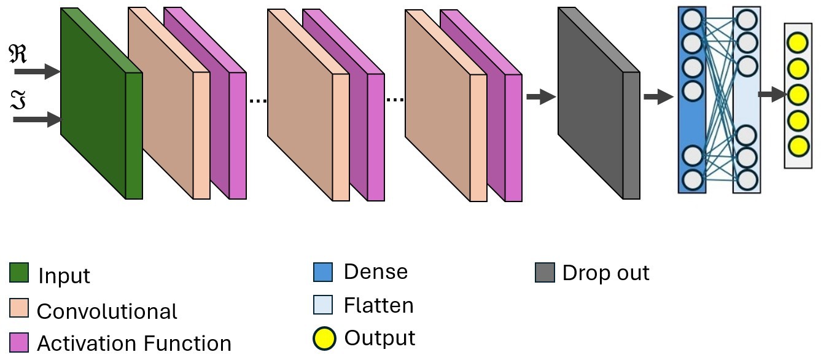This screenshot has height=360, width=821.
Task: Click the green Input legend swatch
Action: [x=19, y=273]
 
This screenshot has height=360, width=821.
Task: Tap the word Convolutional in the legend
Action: [x=107, y=311]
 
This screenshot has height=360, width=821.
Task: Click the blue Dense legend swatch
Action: [x=322, y=272]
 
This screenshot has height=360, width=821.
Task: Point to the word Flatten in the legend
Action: [x=378, y=305]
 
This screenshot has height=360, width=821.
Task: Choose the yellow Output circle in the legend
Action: [x=324, y=338]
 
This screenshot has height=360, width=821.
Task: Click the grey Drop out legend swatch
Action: [x=545, y=272]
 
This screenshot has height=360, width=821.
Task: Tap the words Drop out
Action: [x=605, y=273]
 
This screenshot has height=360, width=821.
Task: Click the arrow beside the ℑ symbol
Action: [x=38, y=119]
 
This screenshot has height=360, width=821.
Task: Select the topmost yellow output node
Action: [x=798, y=43]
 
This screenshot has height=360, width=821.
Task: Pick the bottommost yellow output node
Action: [x=798, y=146]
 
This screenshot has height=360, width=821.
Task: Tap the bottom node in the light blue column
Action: [x=747, y=179]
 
